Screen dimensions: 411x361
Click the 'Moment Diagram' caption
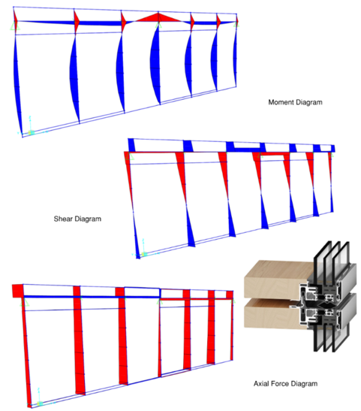pyautogui.click(x=295, y=102)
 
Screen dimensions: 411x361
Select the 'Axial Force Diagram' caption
pyautogui.click(x=285, y=384)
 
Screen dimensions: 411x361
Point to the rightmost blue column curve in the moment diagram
pyautogui.click(x=235, y=60)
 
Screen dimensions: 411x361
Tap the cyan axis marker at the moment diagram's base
pyautogui.click(x=30, y=131)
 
